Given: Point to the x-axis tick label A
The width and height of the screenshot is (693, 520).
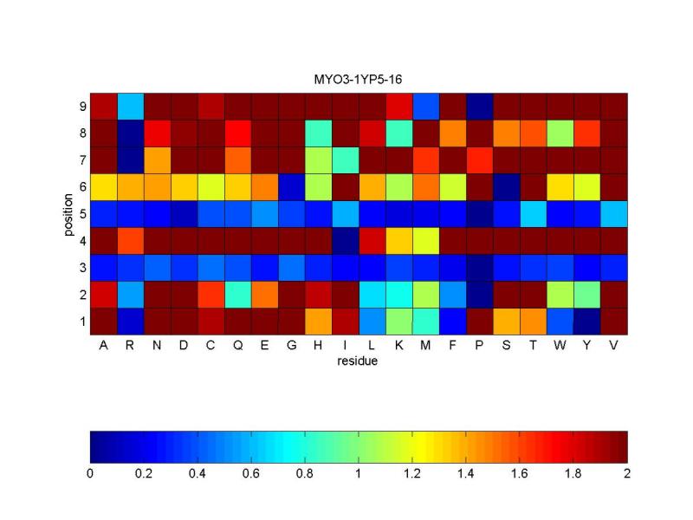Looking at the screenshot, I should tap(104, 346).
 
